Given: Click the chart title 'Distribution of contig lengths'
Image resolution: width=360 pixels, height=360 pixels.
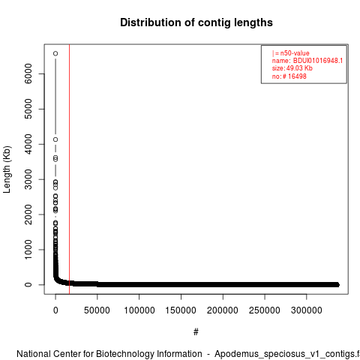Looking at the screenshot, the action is (x=196, y=22).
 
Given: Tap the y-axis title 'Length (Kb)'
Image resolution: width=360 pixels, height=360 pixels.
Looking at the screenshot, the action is (x=7, y=169).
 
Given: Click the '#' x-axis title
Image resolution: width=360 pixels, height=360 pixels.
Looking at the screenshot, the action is (x=196, y=331).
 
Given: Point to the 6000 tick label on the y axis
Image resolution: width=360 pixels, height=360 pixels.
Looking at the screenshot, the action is (x=28, y=73).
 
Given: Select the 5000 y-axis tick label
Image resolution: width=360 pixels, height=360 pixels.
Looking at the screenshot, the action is (x=28, y=109).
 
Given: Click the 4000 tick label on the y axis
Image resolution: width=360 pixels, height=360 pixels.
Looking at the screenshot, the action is (x=28, y=144).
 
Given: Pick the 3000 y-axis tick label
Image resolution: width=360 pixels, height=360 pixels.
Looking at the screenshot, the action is (x=28, y=179).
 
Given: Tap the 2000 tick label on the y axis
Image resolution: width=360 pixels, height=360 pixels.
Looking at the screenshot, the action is (x=28, y=214).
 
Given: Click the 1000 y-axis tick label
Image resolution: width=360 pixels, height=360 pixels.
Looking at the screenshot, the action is (x=28, y=250).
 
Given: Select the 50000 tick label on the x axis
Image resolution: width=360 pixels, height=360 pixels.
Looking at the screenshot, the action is (x=97, y=310).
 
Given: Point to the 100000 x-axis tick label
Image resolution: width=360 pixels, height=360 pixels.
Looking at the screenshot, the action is (x=139, y=310).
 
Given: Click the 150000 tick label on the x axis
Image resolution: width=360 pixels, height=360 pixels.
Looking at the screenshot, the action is (x=181, y=310).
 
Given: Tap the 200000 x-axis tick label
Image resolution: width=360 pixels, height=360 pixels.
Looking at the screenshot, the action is (x=223, y=310).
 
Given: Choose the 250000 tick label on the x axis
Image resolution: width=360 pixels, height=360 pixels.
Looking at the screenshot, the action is (x=265, y=310).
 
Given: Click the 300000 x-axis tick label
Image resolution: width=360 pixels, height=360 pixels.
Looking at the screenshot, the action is (x=307, y=310).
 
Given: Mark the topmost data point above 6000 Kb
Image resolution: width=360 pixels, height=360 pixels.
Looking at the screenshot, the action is (x=55, y=53).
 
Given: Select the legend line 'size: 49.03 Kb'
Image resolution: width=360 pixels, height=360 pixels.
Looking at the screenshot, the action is (x=292, y=68).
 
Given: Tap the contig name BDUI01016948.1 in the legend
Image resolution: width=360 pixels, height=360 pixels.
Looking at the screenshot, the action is (x=318, y=61).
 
